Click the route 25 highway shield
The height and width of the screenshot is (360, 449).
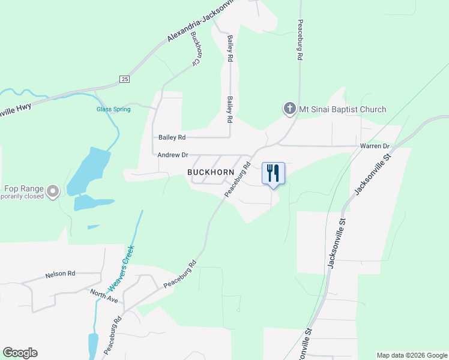coord(124,79)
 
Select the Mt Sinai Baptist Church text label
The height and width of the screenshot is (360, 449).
coord(343,109)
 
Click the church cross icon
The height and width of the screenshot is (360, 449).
coord(289,109)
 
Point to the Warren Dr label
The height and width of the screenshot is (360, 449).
coord(375,146)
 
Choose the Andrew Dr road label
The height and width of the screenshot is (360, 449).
coord(173,155)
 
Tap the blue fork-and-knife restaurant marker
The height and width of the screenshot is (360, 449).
coord(273,173)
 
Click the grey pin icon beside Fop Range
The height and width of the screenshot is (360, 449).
coord(53,191)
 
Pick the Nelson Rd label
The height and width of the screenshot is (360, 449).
coord(60,274)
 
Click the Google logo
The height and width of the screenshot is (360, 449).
coord(20,353)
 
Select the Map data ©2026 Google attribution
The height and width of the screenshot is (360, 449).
coord(411,355)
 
